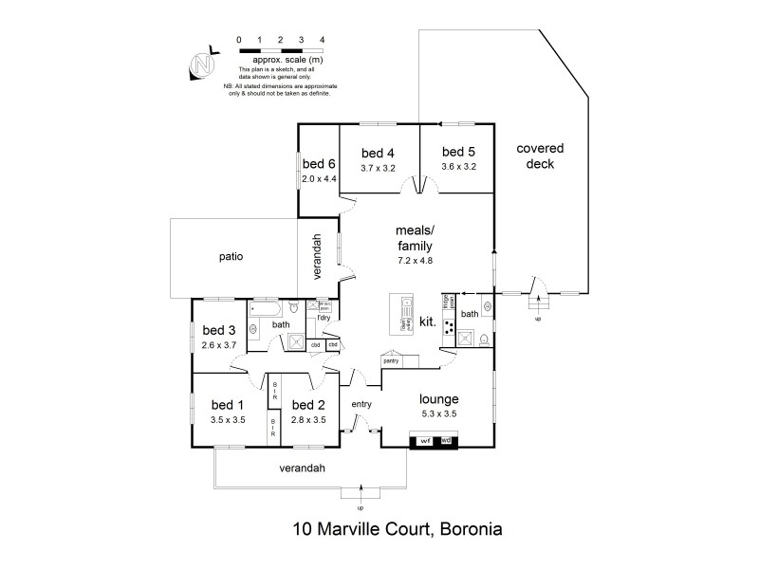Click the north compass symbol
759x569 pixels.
pyautogui.click(x=200, y=64)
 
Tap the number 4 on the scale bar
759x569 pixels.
pyautogui.click(x=323, y=40)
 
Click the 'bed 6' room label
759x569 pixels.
pyautogui.click(x=319, y=162)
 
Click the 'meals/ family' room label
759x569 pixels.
pyautogui.click(x=415, y=239)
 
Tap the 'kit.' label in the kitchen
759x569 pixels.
pyautogui.click(x=427, y=322)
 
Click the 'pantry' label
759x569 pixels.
pyautogui.click(x=390, y=361)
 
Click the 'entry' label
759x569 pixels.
pyautogui.click(x=361, y=405)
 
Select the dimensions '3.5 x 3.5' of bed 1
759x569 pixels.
pyautogui.click(x=229, y=418)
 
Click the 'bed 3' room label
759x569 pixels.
pyautogui.click(x=218, y=330)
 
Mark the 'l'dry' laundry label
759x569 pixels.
pyautogui.click(x=324, y=318)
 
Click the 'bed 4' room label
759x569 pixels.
pyautogui.click(x=378, y=153)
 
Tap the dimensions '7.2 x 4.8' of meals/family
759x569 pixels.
pyautogui.click(x=415, y=260)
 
